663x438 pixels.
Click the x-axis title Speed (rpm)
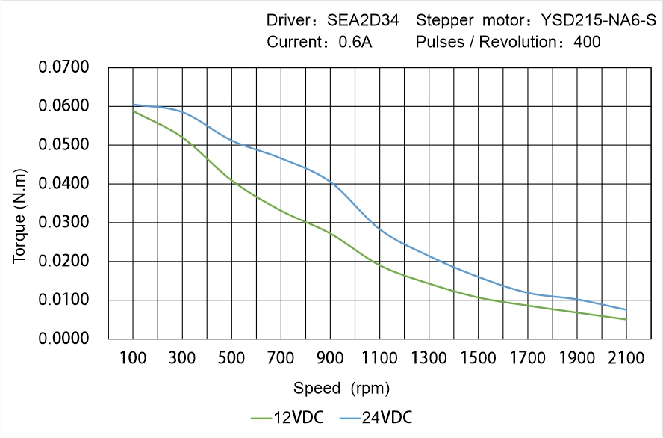pos(341,389)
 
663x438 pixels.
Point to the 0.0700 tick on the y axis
pos(63,68)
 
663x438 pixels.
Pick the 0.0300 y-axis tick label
pos(63,223)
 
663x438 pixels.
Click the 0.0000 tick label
pos(63,339)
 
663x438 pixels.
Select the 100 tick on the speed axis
pos(134,358)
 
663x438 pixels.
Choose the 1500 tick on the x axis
pos(479,358)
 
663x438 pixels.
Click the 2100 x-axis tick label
pos(626,358)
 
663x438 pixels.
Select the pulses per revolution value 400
pos(587,43)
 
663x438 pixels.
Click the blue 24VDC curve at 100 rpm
pos(134,105)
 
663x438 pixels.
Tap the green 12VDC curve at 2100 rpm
pos(626,319)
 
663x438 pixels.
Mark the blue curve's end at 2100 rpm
pos(626,309)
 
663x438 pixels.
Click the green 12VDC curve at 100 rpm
pos(134,111)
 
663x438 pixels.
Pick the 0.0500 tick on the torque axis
pos(63,145)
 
